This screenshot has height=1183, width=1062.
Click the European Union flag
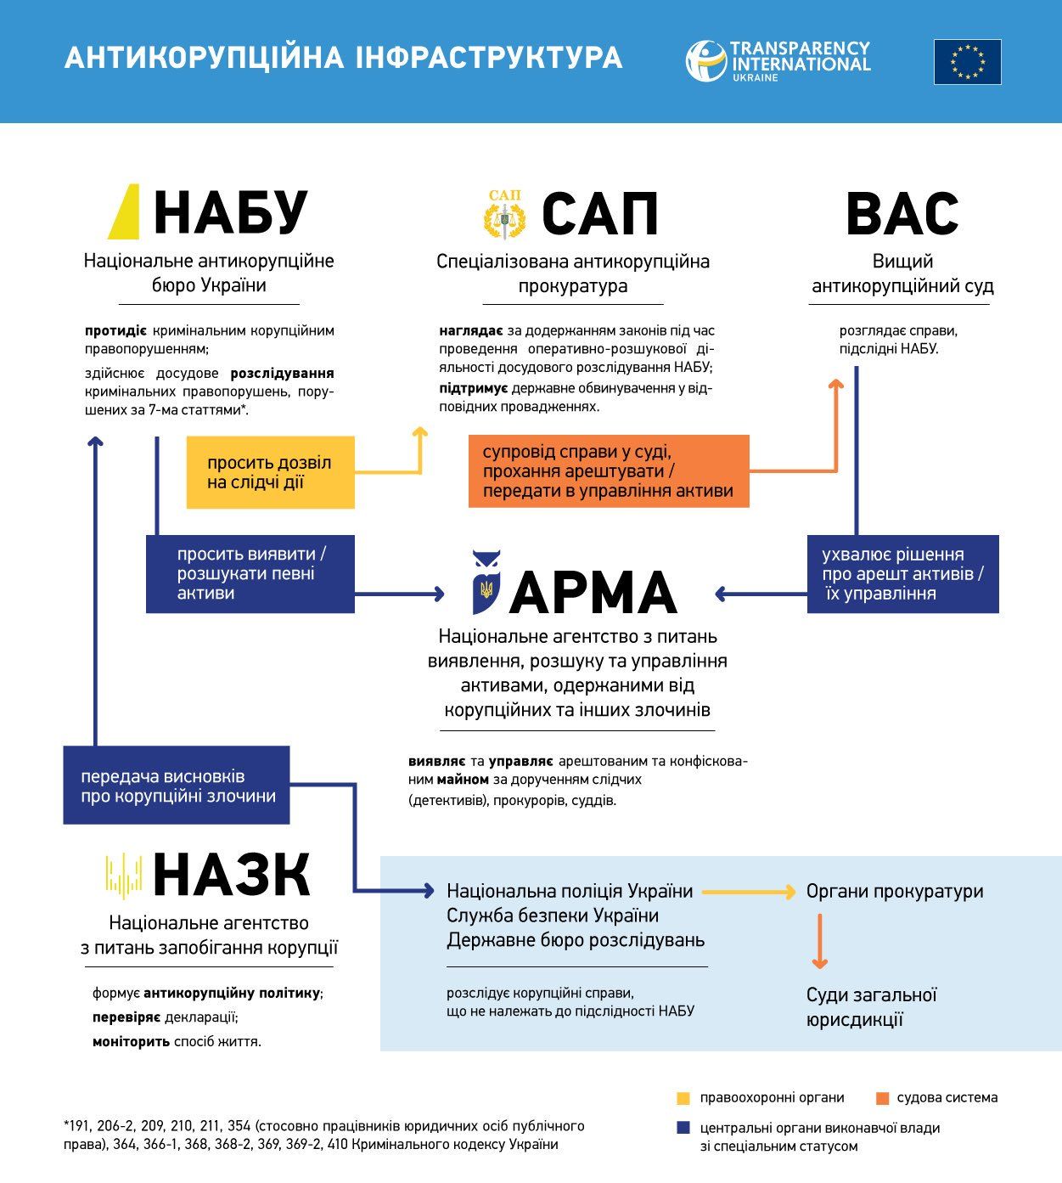[x=967, y=62]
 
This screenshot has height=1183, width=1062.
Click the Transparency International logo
[x=778, y=61]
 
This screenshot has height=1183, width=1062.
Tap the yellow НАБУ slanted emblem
[x=124, y=211]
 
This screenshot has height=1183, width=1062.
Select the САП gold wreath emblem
[x=504, y=214]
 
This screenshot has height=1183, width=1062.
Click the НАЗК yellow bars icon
[x=124, y=876]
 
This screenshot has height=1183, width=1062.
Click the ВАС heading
[x=902, y=214]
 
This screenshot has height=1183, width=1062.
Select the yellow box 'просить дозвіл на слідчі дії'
[x=270, y=472]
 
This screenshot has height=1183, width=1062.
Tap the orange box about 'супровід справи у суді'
[x=608, y=471]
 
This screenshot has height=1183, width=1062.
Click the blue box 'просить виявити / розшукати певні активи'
[x=250, y=573]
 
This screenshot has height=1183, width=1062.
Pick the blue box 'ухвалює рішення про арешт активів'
[x=902, y=573]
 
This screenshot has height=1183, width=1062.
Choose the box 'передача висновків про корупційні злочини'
[x=177, y=785]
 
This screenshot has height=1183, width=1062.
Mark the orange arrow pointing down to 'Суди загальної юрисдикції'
[x=819, y=941]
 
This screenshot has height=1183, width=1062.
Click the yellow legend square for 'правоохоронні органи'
[x=683, y=1098]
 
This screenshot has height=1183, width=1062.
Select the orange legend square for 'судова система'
[x=882, y=1098]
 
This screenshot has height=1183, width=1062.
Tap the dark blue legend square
[x=683, y=1128]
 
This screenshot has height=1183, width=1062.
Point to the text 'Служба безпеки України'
[x=553, y=915]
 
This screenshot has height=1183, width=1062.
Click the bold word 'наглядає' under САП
[x=471, y=330]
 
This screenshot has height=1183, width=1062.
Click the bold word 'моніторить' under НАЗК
[x=131, y=1041]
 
